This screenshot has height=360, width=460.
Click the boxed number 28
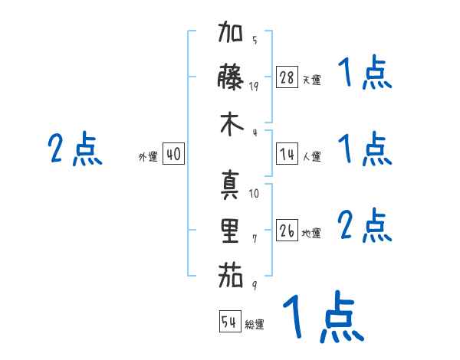point(287,77)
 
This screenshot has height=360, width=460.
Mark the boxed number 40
point(173,155)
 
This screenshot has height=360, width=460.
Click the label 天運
point(311,80)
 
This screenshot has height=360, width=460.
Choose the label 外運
point(148,157)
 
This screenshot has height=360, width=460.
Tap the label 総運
point(255,325)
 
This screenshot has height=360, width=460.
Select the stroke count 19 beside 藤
point(255,86)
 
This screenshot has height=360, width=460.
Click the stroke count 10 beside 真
point(255,194)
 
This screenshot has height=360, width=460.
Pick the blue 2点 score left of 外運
point(75,149)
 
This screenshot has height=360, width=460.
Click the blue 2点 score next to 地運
point(365,227)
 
